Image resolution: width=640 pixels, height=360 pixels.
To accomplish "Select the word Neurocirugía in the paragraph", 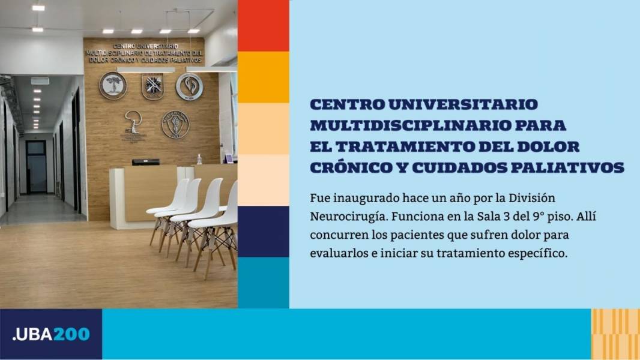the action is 348,217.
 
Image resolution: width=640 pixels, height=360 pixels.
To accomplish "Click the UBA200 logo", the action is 51,334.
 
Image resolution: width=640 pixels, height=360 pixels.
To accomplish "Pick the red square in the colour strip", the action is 264,26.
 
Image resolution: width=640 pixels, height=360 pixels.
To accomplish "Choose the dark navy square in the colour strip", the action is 264,232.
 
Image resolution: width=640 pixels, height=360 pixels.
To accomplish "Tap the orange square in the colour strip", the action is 264,77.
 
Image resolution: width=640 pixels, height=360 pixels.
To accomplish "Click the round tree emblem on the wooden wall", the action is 113,86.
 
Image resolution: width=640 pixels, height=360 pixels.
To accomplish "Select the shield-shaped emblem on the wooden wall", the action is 152,86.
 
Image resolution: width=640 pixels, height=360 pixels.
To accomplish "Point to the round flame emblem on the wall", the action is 189,86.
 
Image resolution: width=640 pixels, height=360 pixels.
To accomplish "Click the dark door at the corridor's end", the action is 37,166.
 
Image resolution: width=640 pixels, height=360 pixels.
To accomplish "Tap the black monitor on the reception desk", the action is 146,162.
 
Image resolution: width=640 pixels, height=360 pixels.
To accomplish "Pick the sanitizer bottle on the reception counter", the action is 199,159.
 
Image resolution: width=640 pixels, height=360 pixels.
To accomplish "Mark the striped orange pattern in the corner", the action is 615,334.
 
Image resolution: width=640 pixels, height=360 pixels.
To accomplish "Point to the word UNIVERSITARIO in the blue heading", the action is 463,104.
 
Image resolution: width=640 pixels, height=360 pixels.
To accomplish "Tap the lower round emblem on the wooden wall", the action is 175,124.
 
